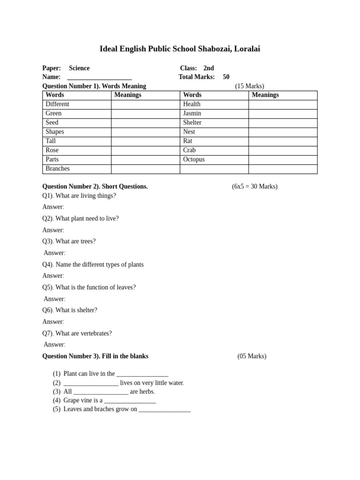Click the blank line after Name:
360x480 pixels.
pyautogui.click(x=99, y=77)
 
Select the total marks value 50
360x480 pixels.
pyautogui.click(x=226, y=77)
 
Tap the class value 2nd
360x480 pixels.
pyautogui.click(x=209, y=68)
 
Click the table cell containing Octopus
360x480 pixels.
pyautogui.click(x=214, y=159)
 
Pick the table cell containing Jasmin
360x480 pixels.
pyautogui.click(x=214, y=113)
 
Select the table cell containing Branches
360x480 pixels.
pyautogui.click(x=76, y=169)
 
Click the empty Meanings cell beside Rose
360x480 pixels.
pyautogui.click(x=145, y=150)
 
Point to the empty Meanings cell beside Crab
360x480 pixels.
pyautogui.click(x=283, y=150)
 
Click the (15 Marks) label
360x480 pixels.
pyautogui.click(x=249, y=86)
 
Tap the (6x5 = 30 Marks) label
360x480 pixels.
pyautogui.click(x=255, y=187)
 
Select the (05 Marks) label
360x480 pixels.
pyautogui.click(x=252, y=356)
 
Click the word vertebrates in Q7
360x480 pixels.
pyautogui.click(x=96, y=333)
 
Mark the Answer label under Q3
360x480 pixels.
pyautogui.click(x=54, y=253)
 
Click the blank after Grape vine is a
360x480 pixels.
pyautogui.click(x=130, y=401)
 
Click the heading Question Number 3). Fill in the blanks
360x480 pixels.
pyautogui.click(x=95, y=356)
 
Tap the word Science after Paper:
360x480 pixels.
pyautogui.click(x=79, y=68)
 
